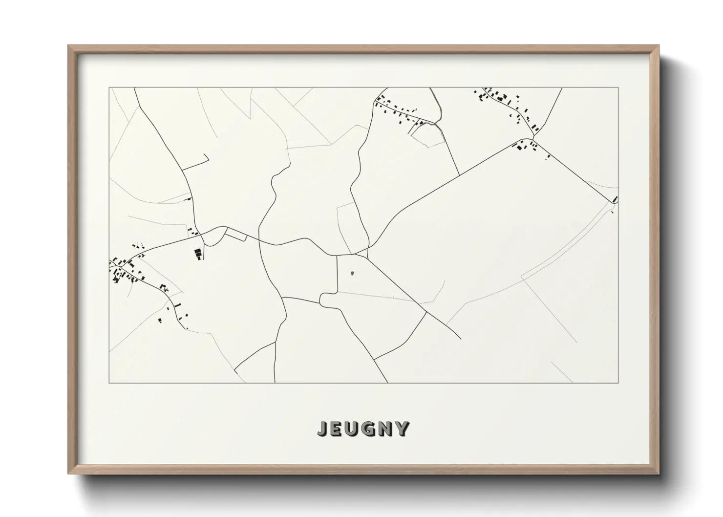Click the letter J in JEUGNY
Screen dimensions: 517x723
click(323, 429)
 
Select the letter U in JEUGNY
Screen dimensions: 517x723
click(353, 429)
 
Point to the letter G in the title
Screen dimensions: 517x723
click(369, 429)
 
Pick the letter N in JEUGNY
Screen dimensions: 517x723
click(386, 429)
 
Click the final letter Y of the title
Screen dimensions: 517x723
click(402, 429)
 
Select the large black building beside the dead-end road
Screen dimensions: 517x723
click(198, 254)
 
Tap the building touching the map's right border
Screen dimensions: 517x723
click(615, 199)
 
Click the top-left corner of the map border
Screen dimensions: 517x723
click(109, 88)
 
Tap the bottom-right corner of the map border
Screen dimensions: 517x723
click(618, 383)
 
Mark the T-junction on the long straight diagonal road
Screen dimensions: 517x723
click(459, 175)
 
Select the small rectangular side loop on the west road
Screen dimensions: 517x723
click(235, 237)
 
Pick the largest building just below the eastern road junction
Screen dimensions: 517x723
click(519, 145)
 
